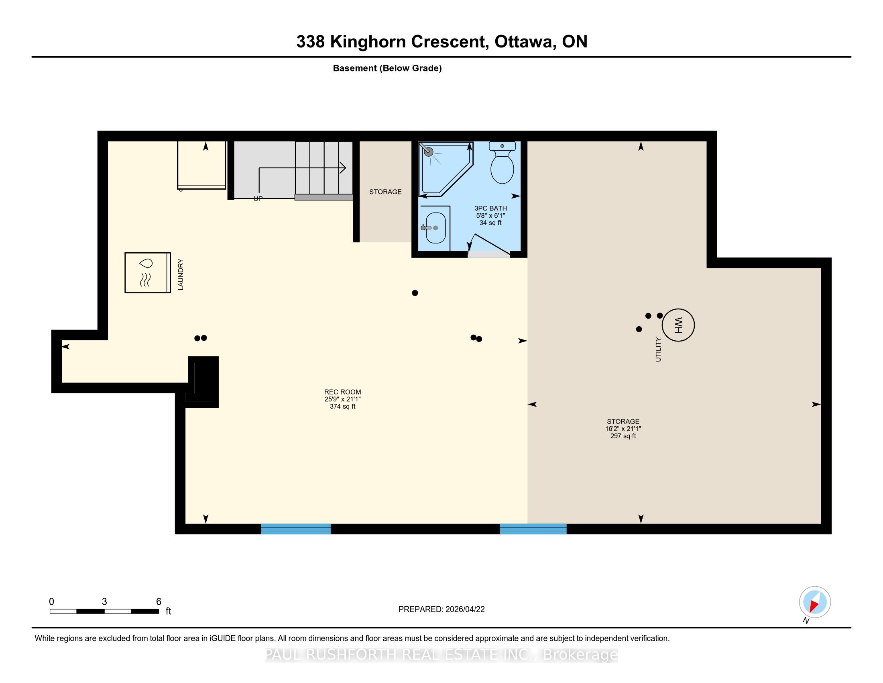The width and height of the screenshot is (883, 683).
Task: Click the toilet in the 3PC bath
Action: (x=502, y=163)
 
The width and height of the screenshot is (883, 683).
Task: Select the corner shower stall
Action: (x=446, y=168)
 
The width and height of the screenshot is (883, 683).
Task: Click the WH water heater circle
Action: (x=678, y=325)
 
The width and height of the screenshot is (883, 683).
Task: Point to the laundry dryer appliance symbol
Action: (x=148, y=272)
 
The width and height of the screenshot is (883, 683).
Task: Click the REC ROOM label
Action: (x=342, y=392)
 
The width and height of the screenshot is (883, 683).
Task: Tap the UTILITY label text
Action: (x=658, y=350)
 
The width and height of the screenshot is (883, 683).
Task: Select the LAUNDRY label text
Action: (x=181, y=275)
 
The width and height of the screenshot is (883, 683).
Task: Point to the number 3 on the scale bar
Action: (x=104, y=602)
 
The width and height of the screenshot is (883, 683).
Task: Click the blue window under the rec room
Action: (x=296, y=529)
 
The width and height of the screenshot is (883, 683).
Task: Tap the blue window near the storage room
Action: (x=533, y=529)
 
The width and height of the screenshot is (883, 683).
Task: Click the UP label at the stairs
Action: (x=258, y=198)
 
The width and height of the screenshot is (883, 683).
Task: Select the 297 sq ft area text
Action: (x=623, y=436)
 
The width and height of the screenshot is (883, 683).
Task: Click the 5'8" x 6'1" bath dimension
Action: (x=490, y=216)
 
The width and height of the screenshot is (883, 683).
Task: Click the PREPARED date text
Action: (x=441, y=609)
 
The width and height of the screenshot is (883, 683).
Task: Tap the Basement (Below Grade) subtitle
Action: (x=387, y=68)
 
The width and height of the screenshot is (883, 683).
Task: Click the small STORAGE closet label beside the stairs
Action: (x=385, y=192)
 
